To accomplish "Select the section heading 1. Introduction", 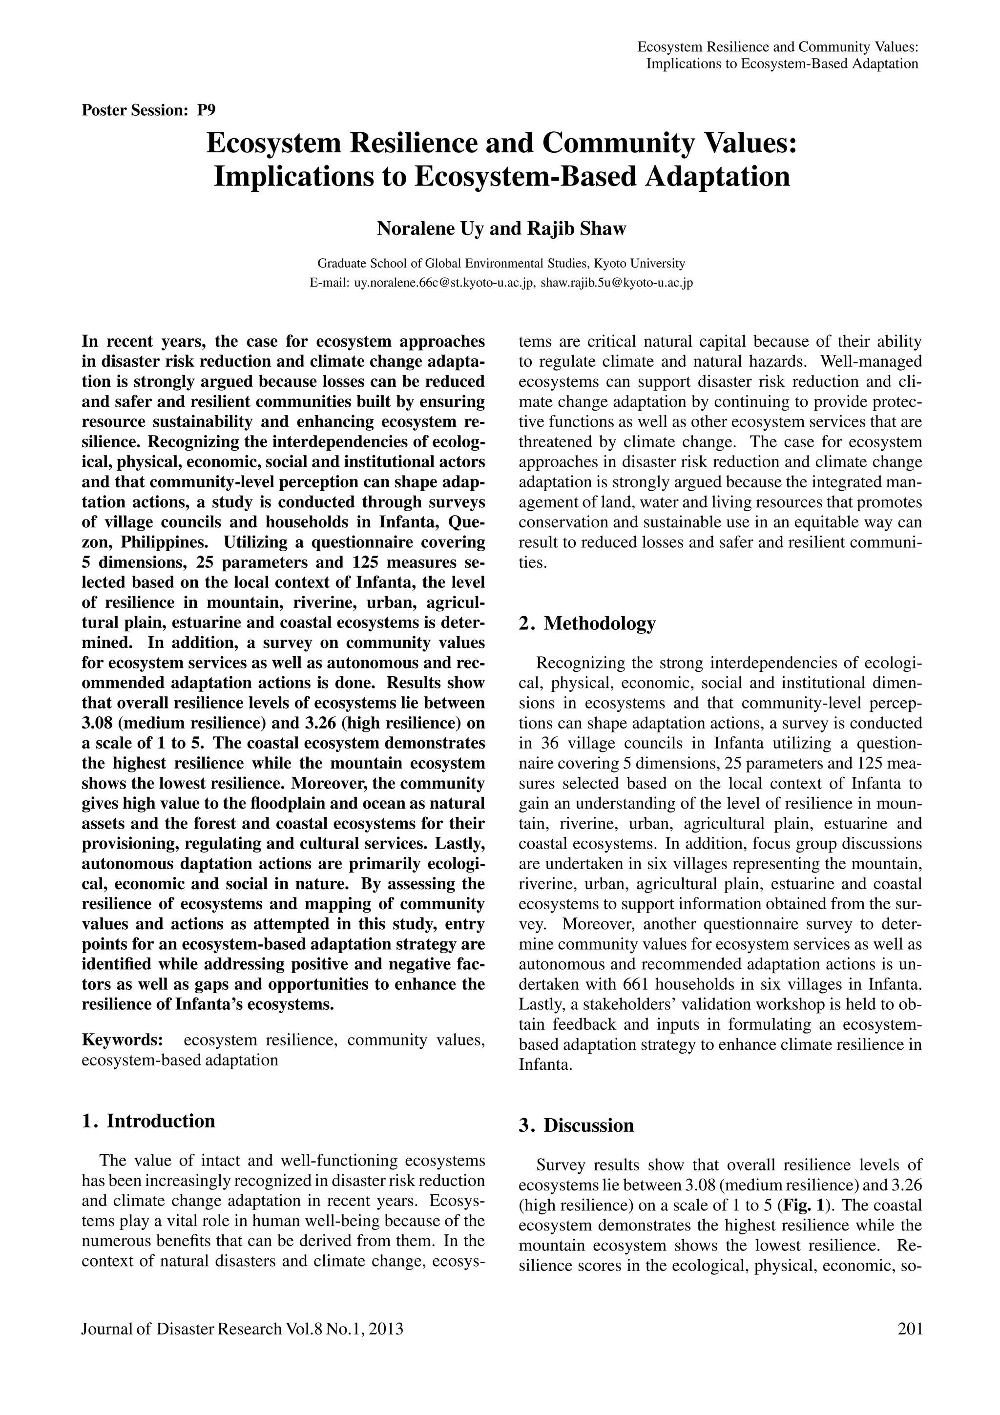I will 148,1121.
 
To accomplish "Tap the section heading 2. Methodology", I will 587,623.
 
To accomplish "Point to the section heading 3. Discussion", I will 576,1125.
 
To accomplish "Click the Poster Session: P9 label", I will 148,110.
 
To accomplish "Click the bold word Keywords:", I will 123,1040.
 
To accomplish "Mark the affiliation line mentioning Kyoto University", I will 500,263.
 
